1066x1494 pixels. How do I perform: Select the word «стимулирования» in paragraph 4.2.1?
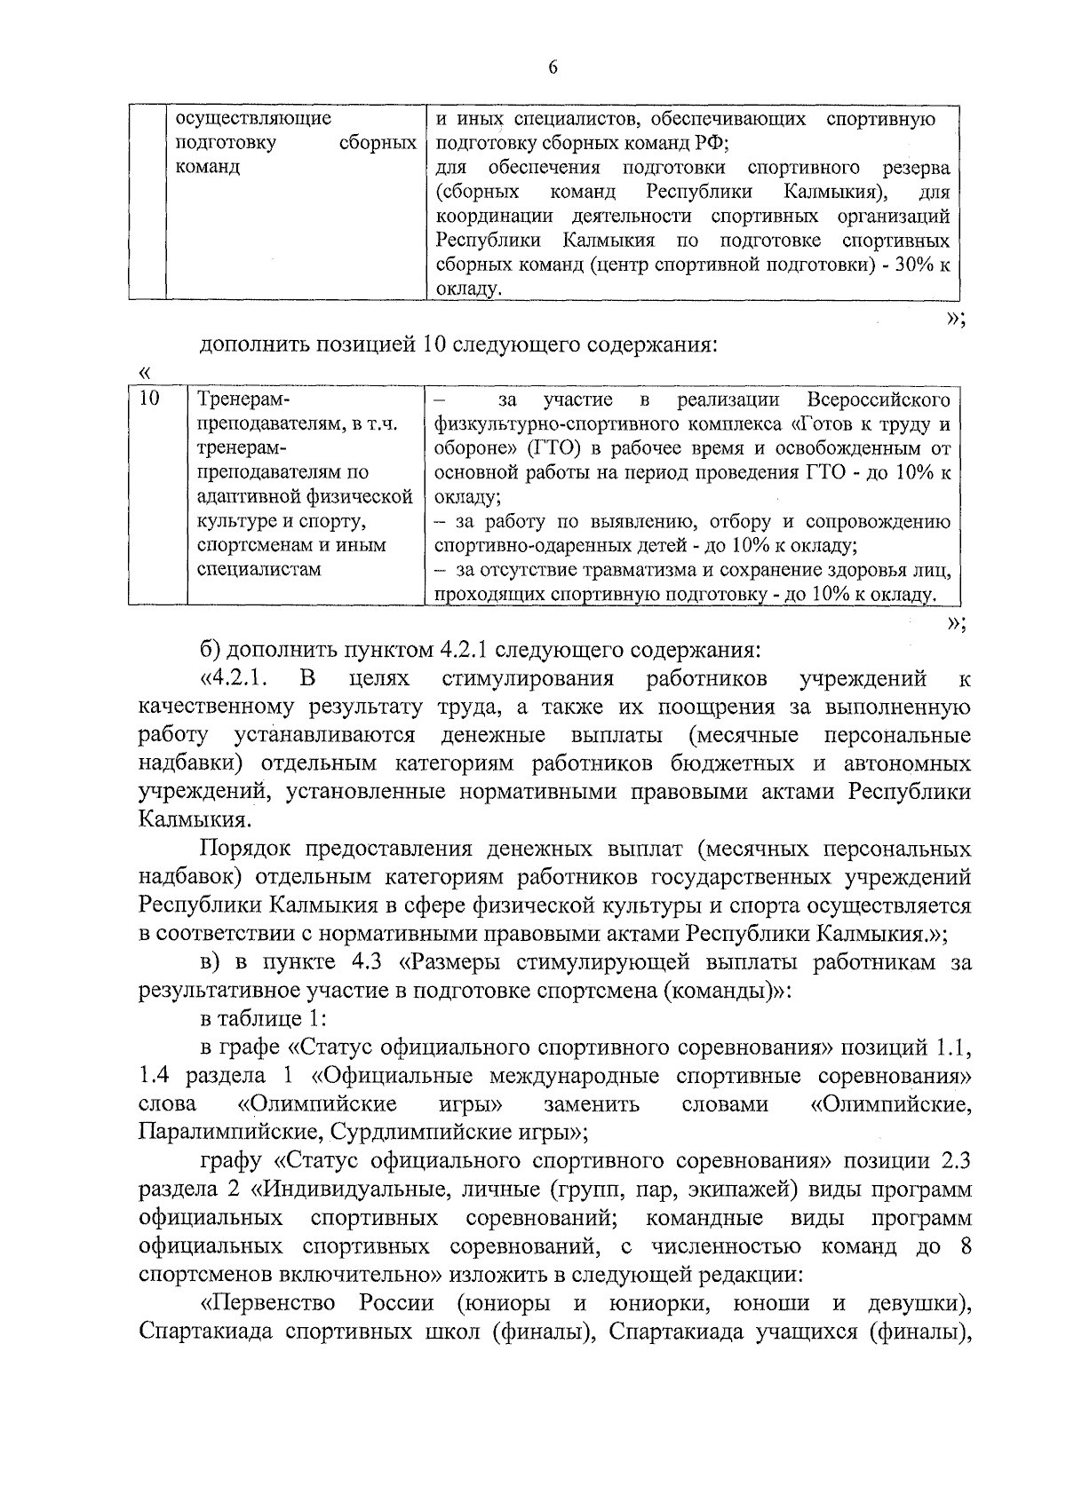(x=527, y=679)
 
